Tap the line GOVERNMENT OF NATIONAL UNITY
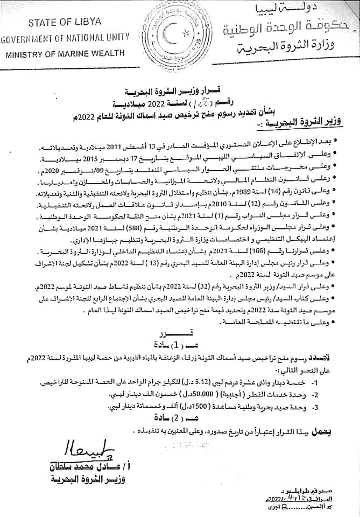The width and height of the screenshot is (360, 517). pos(66,38)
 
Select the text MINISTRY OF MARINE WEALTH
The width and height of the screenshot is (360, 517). pos(65,54)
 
